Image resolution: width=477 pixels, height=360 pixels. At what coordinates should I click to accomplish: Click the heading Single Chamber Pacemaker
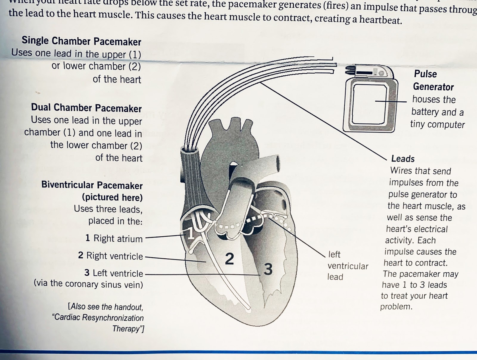click(81, 41)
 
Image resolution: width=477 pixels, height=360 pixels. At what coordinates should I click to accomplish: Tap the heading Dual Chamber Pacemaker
click(86, 108)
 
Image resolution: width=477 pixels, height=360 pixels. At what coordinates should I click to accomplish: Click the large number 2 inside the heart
click(229, 259)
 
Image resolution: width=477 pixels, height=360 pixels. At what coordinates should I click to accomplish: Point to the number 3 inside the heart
click(268, 269)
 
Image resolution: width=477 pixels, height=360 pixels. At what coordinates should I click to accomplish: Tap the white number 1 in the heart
click(190, 234)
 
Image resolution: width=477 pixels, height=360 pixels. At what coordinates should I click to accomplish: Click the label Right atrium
click(118, 238)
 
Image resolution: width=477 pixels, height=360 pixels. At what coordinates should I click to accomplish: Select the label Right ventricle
click(114, 256)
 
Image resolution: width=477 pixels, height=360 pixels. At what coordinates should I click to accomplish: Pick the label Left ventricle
click(117, 273)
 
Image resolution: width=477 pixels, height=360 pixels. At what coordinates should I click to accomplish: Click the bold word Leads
click(403, 159)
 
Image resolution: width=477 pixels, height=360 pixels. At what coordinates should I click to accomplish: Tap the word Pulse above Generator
click(425, 74)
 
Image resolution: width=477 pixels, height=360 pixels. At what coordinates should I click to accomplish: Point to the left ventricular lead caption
click(347, 266)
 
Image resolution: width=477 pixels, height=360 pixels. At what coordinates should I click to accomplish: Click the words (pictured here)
click(112, 197)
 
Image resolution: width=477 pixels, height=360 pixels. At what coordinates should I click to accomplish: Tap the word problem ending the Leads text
click(396, 307)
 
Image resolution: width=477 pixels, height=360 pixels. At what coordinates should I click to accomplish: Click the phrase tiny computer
click(437, 124)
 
